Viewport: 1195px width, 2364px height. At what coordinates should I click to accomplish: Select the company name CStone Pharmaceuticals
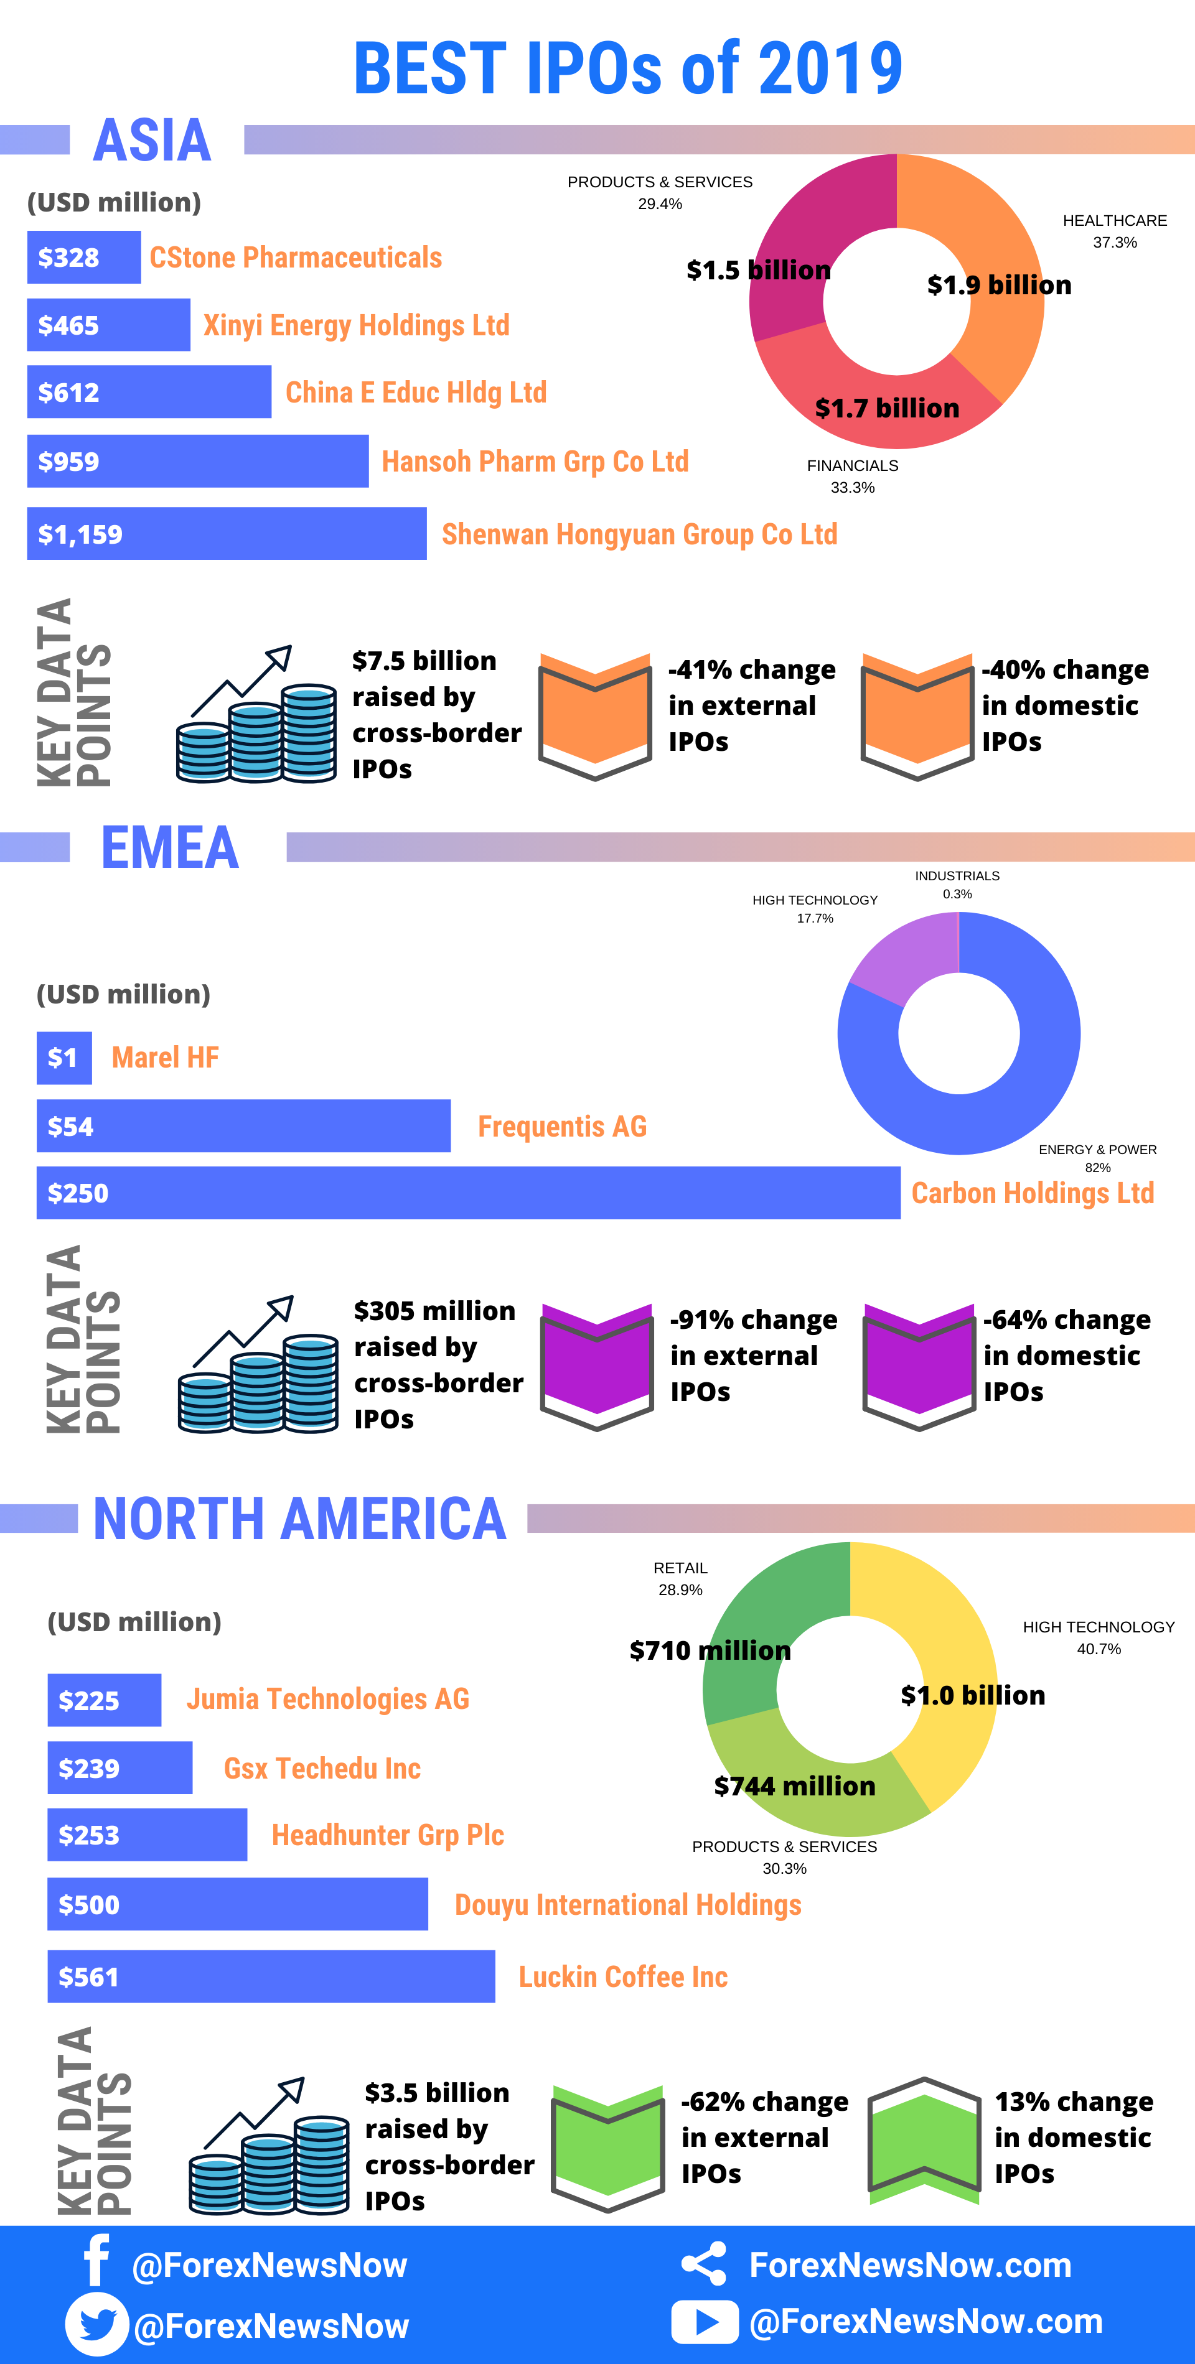coord(296,258)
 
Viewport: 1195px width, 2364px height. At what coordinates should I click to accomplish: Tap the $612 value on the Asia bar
coord(69,393)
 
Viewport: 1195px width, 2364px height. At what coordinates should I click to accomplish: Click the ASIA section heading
coord(152,141)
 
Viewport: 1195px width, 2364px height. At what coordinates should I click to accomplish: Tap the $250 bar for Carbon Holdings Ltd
coord(468,1193)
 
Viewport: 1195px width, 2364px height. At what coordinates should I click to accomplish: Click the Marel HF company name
coord(165,1057)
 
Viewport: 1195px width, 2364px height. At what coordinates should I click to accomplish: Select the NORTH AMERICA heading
coord(300,1519)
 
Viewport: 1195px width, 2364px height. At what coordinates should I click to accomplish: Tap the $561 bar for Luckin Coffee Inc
coord(271,1976)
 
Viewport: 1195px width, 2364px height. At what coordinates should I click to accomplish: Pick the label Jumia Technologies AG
coord(327,1699)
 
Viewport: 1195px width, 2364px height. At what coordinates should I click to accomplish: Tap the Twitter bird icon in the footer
coord(97,2324)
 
